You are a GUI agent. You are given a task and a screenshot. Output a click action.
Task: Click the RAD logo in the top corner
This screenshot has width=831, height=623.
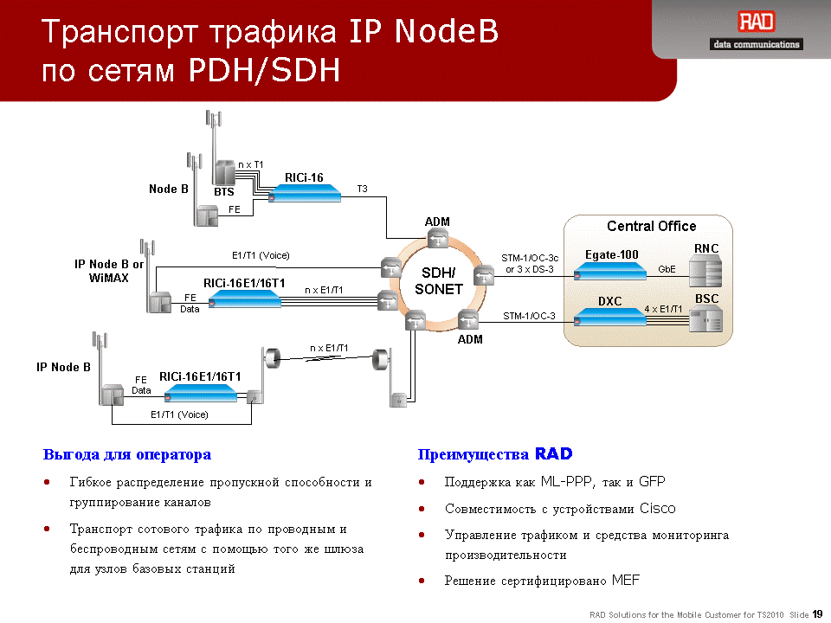point(757,22)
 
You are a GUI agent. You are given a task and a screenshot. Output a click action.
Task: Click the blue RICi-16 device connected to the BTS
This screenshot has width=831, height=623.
point(304,193)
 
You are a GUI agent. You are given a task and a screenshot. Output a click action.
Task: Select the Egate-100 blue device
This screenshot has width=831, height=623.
point(610,271)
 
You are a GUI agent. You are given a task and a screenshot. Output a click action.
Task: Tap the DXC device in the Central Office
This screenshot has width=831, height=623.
point(610,317)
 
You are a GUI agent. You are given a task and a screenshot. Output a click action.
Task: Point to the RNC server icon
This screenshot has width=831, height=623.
point(705,271)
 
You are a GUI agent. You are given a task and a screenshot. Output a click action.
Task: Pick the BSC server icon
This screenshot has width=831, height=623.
point(705,318)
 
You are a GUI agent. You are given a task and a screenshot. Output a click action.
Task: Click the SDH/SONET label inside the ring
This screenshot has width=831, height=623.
point(438,280)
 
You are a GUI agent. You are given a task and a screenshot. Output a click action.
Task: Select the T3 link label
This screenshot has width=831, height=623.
point(362,189)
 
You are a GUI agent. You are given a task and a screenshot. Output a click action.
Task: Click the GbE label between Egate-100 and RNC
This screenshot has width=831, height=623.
point(667,269)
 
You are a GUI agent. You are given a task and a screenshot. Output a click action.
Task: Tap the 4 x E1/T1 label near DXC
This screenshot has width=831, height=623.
point(663,309)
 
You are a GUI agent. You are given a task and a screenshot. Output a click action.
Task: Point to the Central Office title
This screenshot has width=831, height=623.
point(651,226)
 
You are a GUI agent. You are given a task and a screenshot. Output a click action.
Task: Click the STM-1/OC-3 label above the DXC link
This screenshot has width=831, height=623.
point(529,316)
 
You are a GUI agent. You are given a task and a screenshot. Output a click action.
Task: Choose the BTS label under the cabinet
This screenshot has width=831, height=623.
point(223,192)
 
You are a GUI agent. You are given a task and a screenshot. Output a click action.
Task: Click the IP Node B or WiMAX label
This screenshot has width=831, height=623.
point(109,271)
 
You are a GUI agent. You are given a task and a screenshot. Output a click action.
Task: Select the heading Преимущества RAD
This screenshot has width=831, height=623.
point(495,454)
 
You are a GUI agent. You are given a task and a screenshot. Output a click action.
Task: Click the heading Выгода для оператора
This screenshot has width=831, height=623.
point(127,454)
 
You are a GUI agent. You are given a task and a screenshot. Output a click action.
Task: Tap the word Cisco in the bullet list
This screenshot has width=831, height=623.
point(657,509)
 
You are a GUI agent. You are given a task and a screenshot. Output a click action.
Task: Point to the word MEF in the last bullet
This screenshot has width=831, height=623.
point(626,580)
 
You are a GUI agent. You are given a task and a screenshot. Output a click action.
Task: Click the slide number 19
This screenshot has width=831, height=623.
point(817,614)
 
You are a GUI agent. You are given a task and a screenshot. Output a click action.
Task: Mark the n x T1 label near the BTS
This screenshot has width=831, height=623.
point(250,164)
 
